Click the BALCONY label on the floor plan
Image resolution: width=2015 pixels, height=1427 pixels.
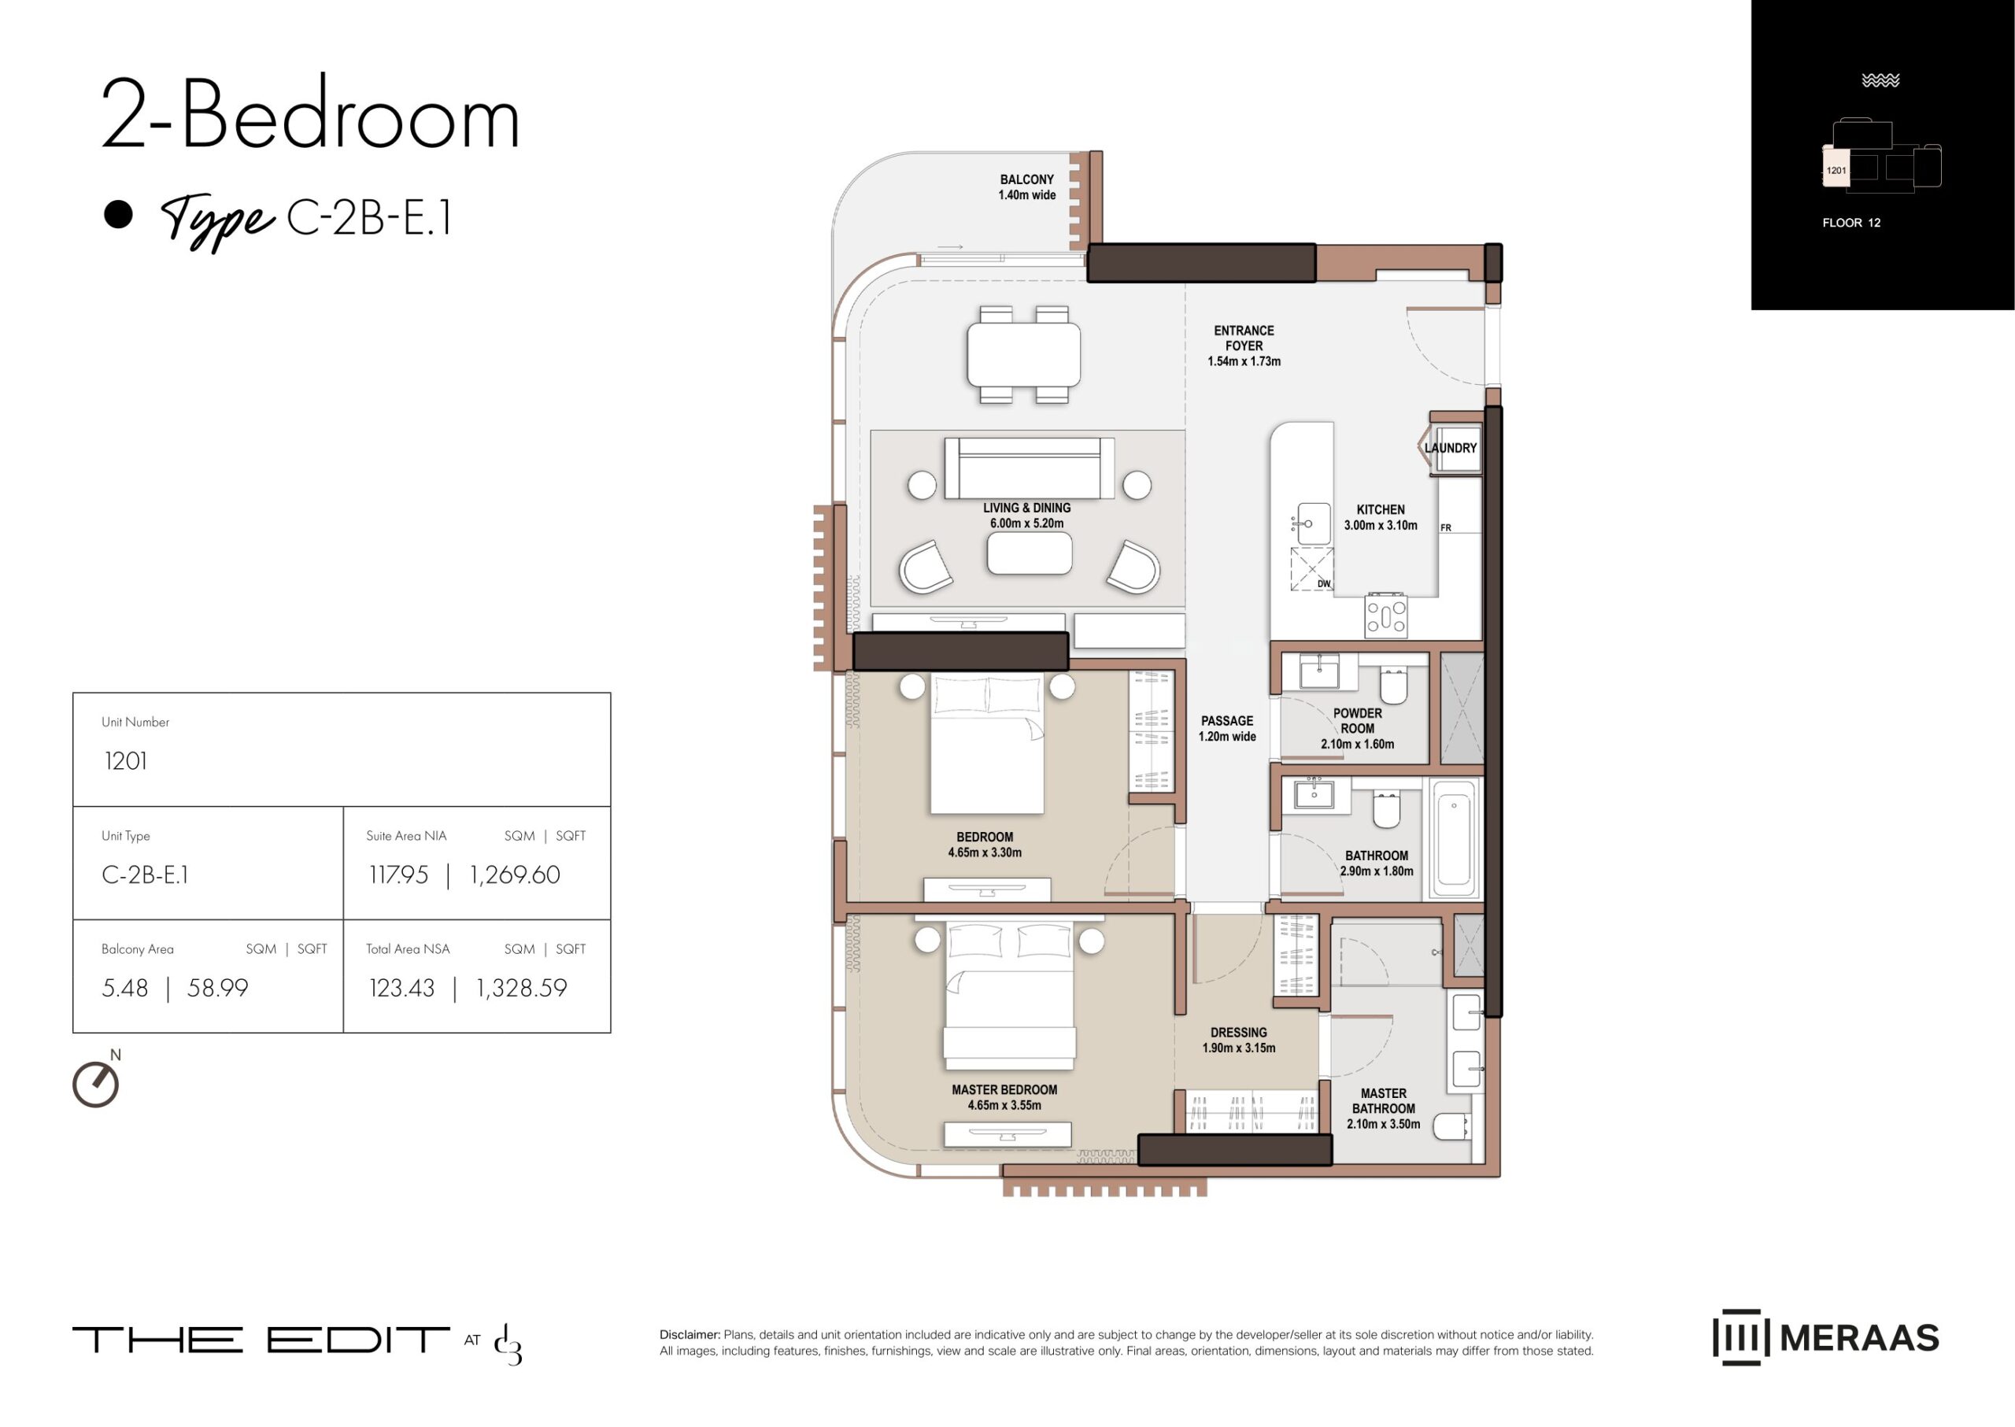(1026, 179)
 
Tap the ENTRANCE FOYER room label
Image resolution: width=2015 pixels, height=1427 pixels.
(1244, 338)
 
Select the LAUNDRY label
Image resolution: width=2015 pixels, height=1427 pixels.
(1450, 448)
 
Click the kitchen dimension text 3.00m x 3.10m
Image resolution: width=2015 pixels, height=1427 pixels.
(1381, 526)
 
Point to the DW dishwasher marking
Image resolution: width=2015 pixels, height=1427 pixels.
(1323, 583)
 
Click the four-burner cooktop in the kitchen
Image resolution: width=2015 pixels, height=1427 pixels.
(1386, 615)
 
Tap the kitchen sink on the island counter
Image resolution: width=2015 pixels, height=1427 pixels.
(1313, 523)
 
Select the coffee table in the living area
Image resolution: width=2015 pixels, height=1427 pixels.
(1029, 553)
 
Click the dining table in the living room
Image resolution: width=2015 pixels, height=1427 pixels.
(1024, 355)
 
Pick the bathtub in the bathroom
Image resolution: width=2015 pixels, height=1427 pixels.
(1455, 838)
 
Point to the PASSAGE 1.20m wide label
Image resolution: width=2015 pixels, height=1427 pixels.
(1227, 728)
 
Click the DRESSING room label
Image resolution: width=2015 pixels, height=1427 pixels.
(1238, 1033)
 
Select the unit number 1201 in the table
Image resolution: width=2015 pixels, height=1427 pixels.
(126, 761)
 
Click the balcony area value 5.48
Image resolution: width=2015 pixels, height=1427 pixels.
(125, 988)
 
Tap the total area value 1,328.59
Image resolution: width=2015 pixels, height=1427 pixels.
(521, 989)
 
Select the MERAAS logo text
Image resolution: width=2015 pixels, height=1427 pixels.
(1858, 1338)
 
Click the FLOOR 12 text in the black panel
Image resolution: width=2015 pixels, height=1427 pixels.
(1850, 222)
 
